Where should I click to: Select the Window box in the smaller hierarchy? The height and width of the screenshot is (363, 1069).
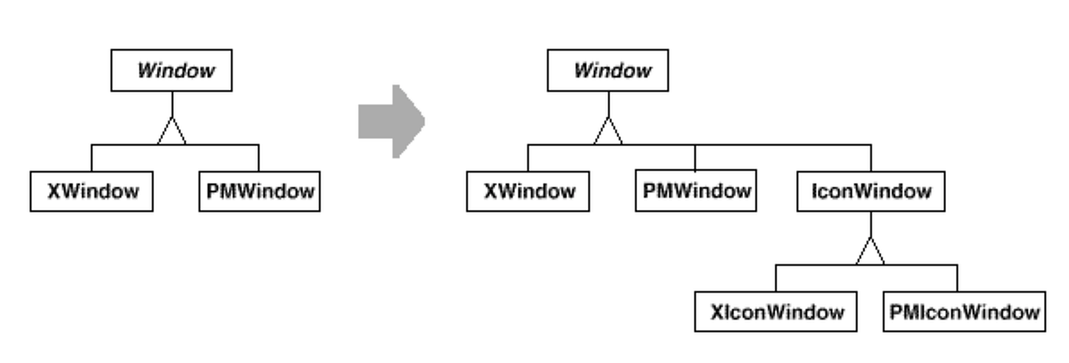[170, 71]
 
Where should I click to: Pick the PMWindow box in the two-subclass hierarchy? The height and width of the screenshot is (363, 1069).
[257, 190]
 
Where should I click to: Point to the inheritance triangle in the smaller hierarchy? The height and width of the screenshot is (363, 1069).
[170, 132]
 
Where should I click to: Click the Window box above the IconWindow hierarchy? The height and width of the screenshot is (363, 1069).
[608, 71]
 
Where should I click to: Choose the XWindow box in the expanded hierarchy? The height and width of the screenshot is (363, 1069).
[527, 190]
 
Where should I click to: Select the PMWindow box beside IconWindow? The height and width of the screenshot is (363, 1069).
[695, 190]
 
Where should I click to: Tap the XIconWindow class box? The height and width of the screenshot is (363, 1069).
[775, 312]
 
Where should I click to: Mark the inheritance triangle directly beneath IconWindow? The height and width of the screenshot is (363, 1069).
[869, 253]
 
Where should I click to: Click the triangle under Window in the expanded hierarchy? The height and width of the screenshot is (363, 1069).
[608, 132]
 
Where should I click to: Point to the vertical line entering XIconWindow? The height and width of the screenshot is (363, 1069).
[775, 279]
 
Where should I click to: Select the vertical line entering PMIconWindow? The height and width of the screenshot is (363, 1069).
[957, 279]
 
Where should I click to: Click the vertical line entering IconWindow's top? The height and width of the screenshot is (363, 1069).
[871, 158]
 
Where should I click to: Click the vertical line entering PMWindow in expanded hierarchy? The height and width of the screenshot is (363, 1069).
[695, 158]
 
